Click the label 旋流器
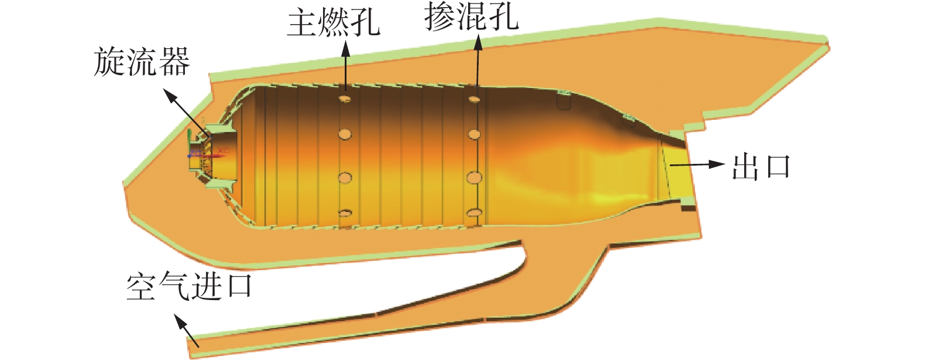(x=142, y=63)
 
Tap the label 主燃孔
(x=333, y=23)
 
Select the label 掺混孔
(x=472, y=18)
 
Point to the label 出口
(x=761, y=167)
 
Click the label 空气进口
(x=189, y=287)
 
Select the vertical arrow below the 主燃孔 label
(x=345, y=68)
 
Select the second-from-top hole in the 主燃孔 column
(x=345, y=134)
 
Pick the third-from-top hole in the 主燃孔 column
(x=345, y=177)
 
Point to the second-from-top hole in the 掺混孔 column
(x=474, y=134)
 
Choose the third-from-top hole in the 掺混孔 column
(x=474, y=177)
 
